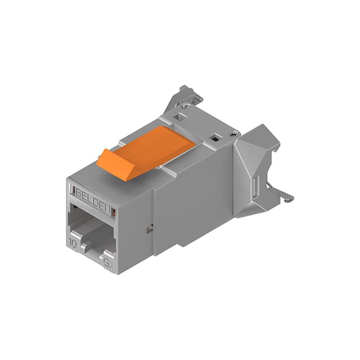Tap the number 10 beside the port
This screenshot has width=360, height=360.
(x=73, y=244)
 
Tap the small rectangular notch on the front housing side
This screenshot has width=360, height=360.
(x=150, y=228)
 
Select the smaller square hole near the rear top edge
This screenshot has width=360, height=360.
(x=214, y=137)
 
